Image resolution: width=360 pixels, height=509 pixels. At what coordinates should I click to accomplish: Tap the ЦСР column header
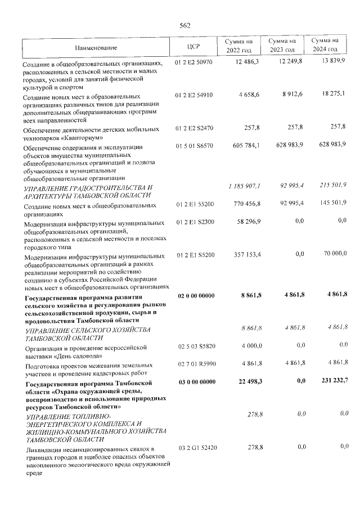pos(192,47)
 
